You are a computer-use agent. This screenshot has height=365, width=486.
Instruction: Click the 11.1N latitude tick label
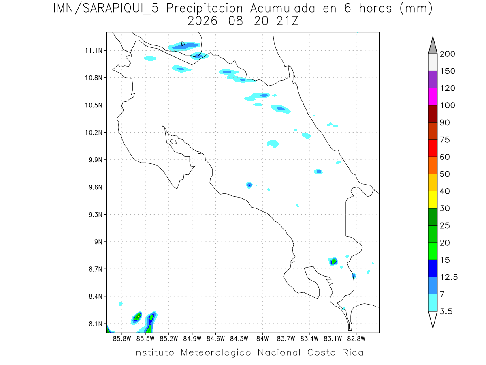coord(94,51)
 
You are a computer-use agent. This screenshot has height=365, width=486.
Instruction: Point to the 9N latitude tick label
coord(98,242)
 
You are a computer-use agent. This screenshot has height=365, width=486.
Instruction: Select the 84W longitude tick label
coord(262,339)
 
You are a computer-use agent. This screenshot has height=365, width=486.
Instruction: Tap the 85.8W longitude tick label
coord(122,339)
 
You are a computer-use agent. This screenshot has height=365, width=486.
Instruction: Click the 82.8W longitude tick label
coord(356,339)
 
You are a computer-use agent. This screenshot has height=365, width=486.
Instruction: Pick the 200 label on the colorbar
coord(447,54)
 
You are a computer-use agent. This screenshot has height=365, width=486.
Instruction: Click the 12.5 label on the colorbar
coord(449,277)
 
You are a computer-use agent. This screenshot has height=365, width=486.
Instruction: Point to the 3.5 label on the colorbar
coord(446,311)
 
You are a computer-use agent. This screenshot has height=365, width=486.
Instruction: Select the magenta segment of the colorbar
coord(433,97)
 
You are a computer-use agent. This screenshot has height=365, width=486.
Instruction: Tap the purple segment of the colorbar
coord(433,79)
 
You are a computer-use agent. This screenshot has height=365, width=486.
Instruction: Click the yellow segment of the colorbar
coord(433,200)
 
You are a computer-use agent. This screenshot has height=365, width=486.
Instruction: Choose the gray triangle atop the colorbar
coord(433,45)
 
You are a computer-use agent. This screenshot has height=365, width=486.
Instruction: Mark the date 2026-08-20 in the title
coord(228,21)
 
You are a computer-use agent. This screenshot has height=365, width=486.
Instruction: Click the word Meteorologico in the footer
coord(216,352)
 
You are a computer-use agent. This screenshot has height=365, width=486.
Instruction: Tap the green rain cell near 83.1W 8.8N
coord(334,261)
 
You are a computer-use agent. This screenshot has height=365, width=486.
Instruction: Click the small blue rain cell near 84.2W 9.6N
coord(249,185)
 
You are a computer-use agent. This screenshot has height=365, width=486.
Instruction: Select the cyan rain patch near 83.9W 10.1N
coord(273,144)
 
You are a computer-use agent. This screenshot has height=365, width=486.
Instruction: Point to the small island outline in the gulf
coord(174,142)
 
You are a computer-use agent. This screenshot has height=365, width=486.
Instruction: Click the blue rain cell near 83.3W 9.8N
coord(318,171)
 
